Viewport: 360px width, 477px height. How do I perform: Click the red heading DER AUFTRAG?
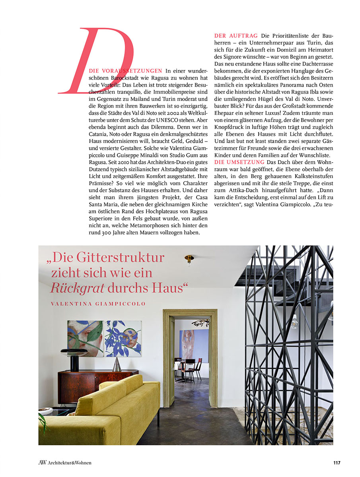[x=236, y=36]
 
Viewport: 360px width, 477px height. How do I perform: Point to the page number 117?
[x=337, y=462]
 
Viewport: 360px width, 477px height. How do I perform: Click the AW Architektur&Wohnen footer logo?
[x=65, y=462]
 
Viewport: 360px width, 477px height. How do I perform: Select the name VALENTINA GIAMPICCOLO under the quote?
[x=98, y=304]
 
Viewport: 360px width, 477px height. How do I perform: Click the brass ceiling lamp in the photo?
[x=189, y=259]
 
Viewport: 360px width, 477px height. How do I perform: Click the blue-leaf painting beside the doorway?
[x=123, y=339]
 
